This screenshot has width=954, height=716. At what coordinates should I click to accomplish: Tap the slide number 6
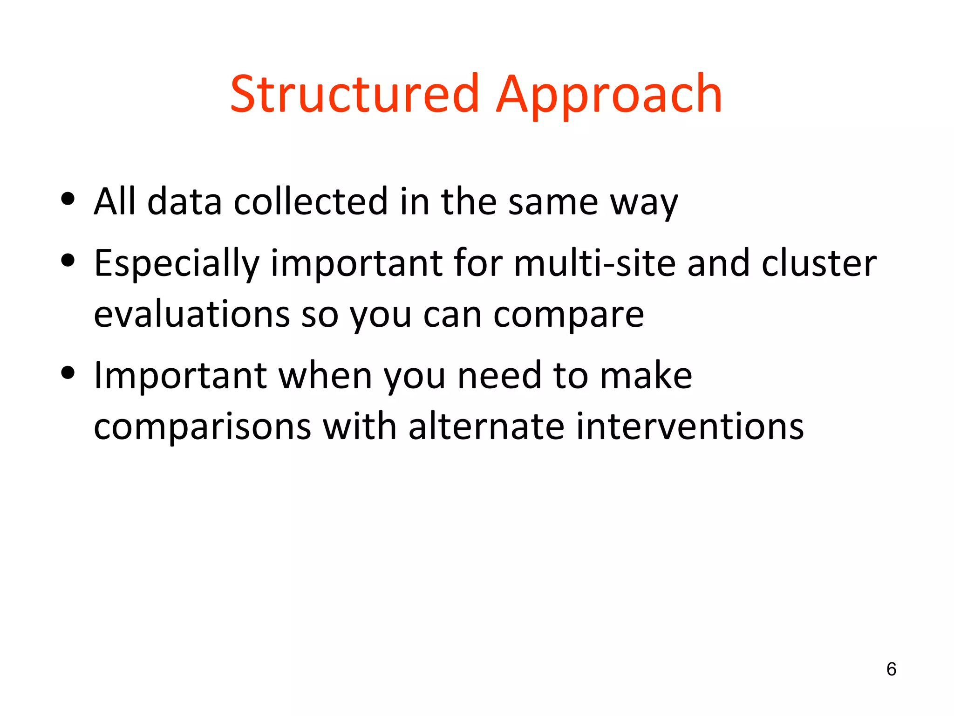click(x=891, y=669)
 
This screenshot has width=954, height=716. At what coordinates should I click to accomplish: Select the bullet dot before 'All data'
click(x=68, y=199)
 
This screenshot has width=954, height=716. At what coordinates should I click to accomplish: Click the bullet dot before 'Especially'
click(x=68, y=261)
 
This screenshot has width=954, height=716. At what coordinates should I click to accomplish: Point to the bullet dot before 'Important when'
click(x=68, y=372)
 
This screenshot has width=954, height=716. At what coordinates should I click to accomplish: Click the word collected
click(x=311, y=201)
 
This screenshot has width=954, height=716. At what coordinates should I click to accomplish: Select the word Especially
click(x=176, y=264)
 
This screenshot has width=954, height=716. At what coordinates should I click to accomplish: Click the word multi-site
click(x=594, y=263)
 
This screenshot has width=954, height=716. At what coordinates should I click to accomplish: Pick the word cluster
click(x=819, y=263)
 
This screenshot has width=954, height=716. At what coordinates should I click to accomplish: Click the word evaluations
click(x=191, y=314)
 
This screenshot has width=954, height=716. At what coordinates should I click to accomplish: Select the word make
click(x=646, y=375)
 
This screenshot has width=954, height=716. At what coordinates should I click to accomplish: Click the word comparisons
click(x=202, y=427)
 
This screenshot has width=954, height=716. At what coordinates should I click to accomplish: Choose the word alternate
click(x=486, y=426)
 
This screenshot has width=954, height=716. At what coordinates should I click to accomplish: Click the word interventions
click(x=690, y=426)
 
